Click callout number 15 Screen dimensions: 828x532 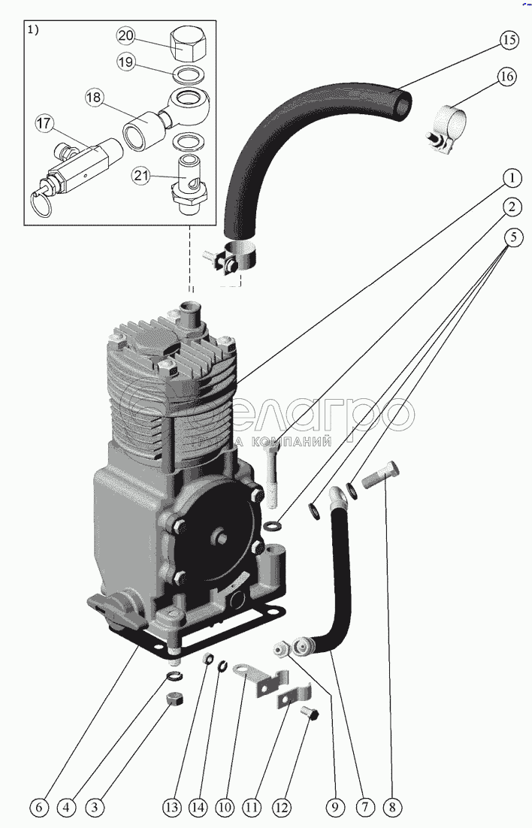[509, 40]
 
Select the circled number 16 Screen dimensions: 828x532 [505, 76]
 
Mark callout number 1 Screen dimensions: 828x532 [511, 178]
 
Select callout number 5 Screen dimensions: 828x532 [512, 238]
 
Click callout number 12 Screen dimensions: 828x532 [281, 808]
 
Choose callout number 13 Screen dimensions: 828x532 [173, 808]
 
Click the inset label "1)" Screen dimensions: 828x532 [32, 30]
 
